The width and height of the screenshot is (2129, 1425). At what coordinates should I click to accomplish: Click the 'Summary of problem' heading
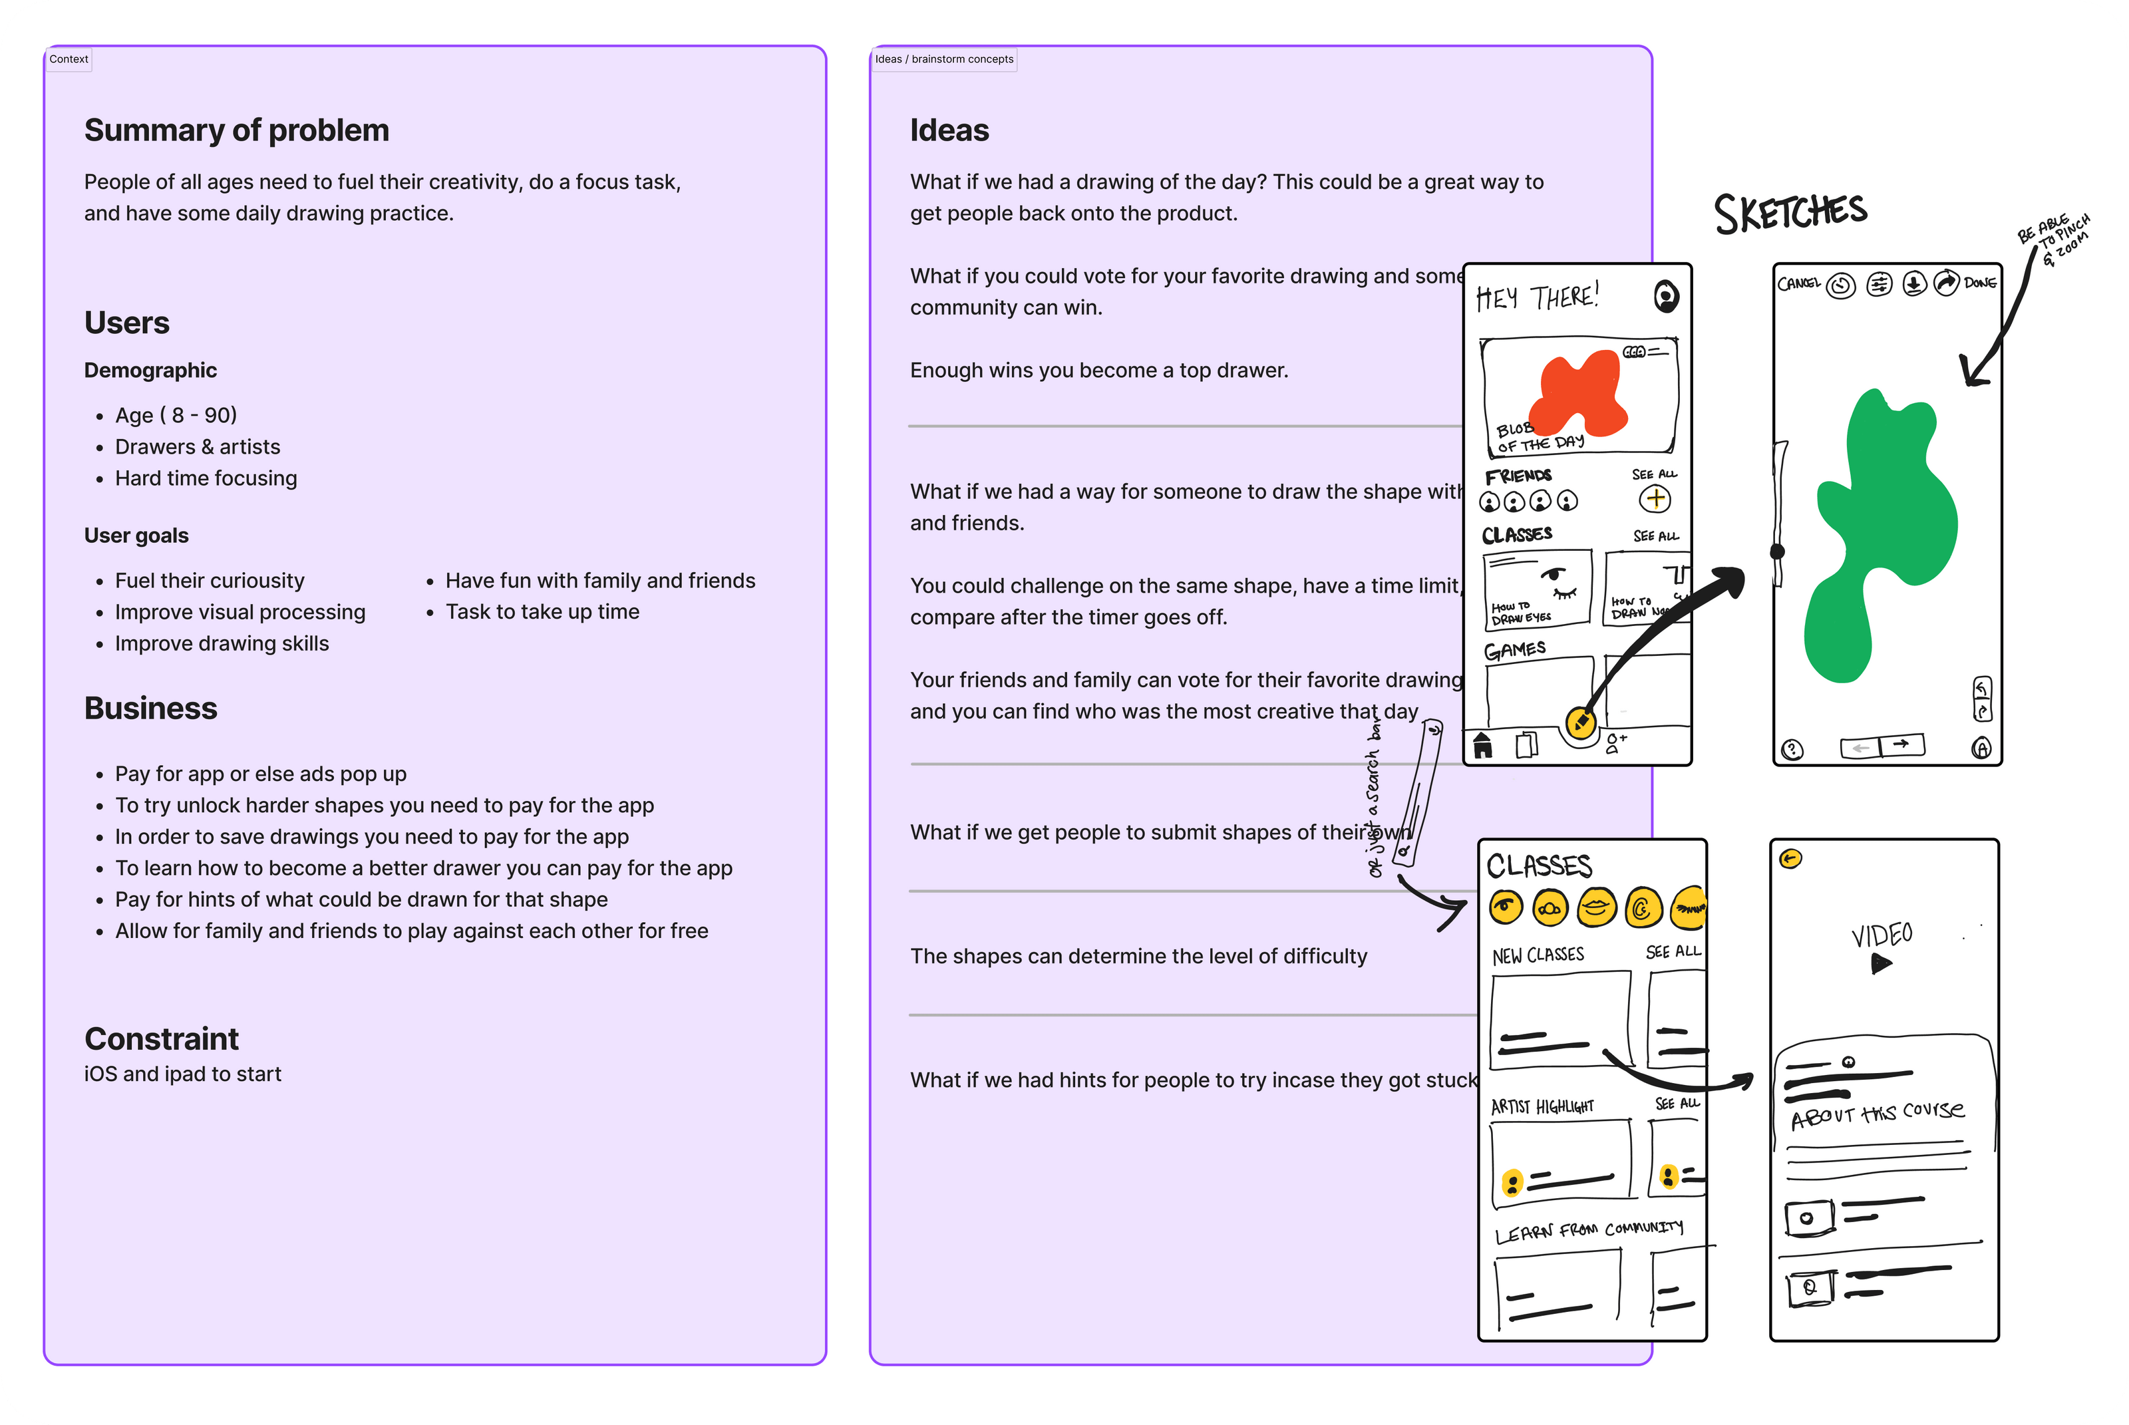pyautogui.click(x=236, y=130)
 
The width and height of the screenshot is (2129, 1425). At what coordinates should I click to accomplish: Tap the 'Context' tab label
pyautogui.click(x=68, y=59)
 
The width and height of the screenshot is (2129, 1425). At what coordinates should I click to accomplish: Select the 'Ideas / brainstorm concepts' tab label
pyautogui.click(x=944, y=59)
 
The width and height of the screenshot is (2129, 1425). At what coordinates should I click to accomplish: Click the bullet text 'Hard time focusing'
pyautogui.click(x=206, y=478)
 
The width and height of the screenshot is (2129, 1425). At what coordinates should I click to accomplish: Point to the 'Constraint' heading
pyautogui.click(x=161, y=1038)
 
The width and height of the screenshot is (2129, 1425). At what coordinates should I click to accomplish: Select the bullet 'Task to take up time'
pyautogui.click(x=542, y=611)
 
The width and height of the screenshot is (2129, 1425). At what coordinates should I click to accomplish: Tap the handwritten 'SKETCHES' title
pyautogui.click(x=1790, y=213)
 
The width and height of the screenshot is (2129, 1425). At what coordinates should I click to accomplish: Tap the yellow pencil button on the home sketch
pyautogui.click(x=1581, y=723)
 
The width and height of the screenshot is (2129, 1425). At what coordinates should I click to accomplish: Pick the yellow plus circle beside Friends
pyautogui.click(x=1655, y=499)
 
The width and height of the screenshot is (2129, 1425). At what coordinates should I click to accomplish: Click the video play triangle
pyautogui.click(x=1881, y=963)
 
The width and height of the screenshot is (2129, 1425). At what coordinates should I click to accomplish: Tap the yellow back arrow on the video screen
pyautogui.click(x=1790, y=859)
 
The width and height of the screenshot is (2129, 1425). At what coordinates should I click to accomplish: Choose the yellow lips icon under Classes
pyautogui.click(x=1597, y=907)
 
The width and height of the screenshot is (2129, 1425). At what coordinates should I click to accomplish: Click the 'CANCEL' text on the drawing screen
pyautogui.click(x=1798, y=283)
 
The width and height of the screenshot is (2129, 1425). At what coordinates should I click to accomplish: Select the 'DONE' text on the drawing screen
pyautogui.click(x=1980, y=283)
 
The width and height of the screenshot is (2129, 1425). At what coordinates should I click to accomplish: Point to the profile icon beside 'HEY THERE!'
pyautogui.click(x=1665, y=296)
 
